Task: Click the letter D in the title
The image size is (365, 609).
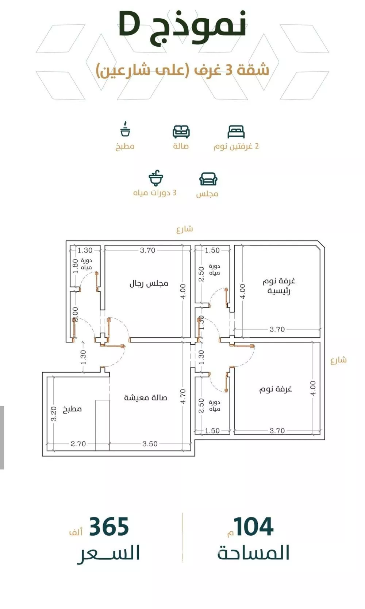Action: click(x=130, y=24)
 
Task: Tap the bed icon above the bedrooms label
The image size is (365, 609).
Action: click(x=236, y=132)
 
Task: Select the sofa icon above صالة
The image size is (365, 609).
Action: click(x=181, y=132)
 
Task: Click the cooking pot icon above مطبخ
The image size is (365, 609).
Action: click(x=125, y=129)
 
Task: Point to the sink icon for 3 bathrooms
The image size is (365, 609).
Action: click(x=156, y=178)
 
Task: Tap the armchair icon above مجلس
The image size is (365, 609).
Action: click(x=208, y=179)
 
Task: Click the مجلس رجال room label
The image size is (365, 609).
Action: click(x=149, y=284)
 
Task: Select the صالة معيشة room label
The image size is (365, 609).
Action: click(x=146, y=398)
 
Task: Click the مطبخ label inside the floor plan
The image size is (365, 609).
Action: click(x=72, y=409)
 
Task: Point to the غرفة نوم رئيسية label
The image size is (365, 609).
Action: click(x=279, y=286)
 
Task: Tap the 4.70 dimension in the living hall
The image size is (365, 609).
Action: click(x=183, y=396)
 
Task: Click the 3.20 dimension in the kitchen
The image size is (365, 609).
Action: click(x=54, y=414)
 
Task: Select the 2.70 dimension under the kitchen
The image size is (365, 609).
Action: click(x=78, y=444)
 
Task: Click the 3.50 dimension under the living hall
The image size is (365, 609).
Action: click(x=150, y=444)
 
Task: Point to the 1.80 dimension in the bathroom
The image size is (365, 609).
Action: click(x=76, y=265)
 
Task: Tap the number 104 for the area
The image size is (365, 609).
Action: click(x=253, y=527)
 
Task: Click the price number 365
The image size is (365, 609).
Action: click(x=109, y=527)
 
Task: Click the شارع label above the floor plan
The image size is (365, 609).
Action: click(x=185, y=229)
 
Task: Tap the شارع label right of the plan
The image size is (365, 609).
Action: click(x=339, y=360)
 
